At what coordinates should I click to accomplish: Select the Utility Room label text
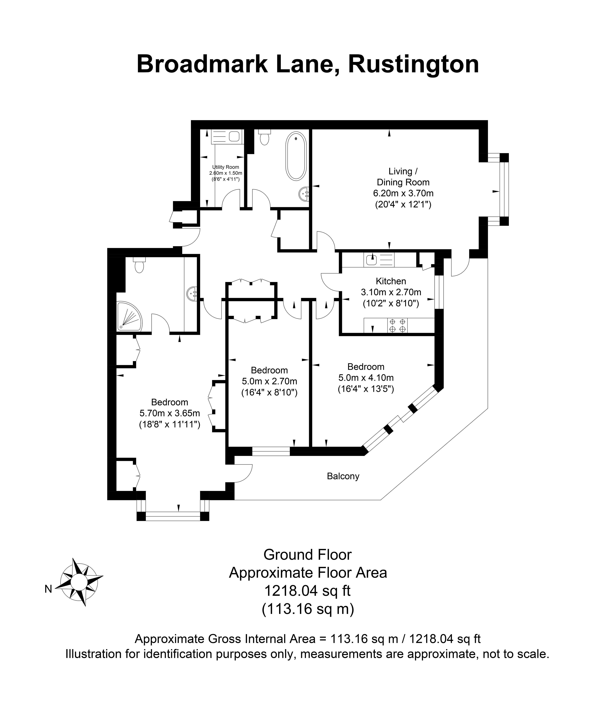tap(225, 167)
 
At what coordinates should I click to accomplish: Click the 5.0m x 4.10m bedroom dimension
tap(366, 378)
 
